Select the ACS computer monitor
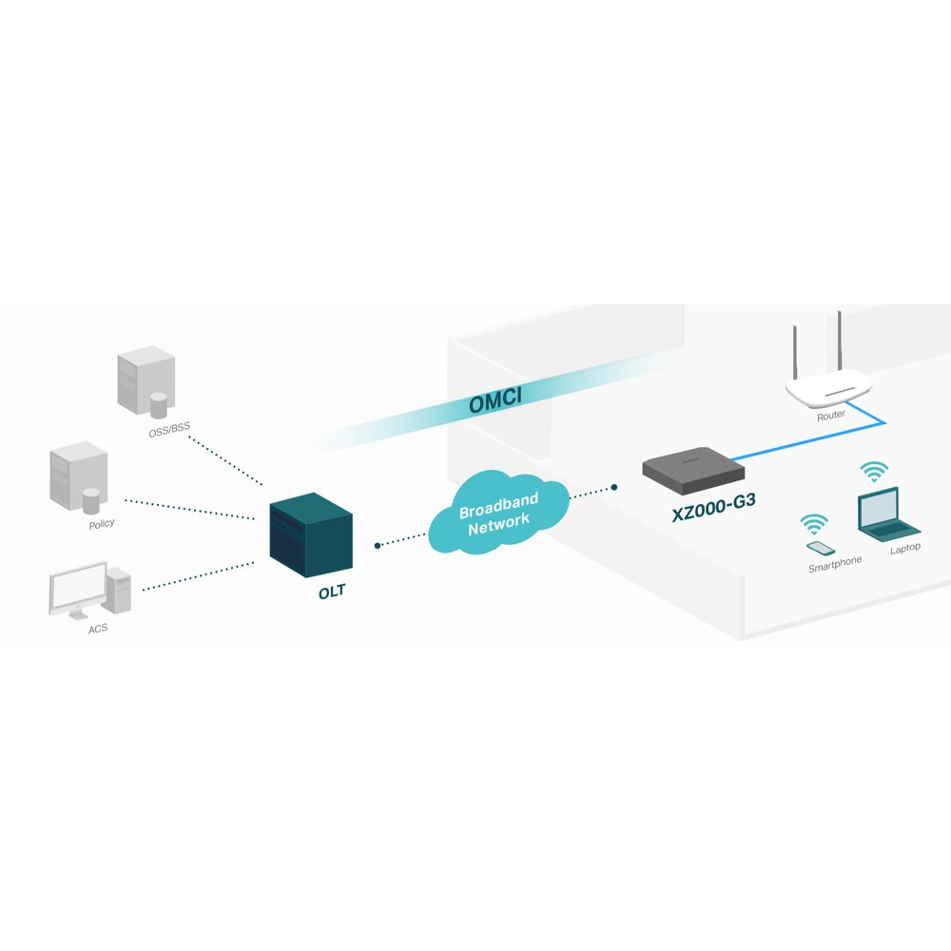pyautogui.click(x=78, y=591)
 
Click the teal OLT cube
pyautogui.click(x=311, y=534)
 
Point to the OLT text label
pyautogui.click(x=332, y=592)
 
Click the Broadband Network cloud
pyautogui.click(x=499, y=514)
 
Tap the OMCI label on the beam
pyautogui.click(x=495, y=399)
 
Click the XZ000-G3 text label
pyautogui.click(x=714, y=508)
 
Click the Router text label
pyautogui.click(x=831, y=416)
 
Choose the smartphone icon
pyautogui.click(x=821, y=549)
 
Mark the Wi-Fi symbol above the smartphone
pyautogui.click(x=814, y=524)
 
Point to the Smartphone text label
pyautogui.click(x=835, y=564)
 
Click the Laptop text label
pyautogui.click(x=905, y=549)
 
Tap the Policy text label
pyautogui.click(x=102, y=524)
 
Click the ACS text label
pyautogui.click(x=98, y=629)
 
